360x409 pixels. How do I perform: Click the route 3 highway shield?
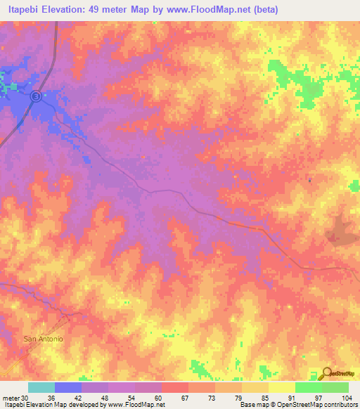[x=35, y=97]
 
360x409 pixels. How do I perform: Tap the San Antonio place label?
[x=44, y=339]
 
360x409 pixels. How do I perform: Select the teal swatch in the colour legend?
[x=41, y=387]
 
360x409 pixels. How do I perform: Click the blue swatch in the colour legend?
[x=67, y=387]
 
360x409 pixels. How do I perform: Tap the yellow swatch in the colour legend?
[x=281, y=387]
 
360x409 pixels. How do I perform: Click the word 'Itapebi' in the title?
[x=20, y=10]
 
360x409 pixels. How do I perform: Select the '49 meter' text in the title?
[x=113, y=10]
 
